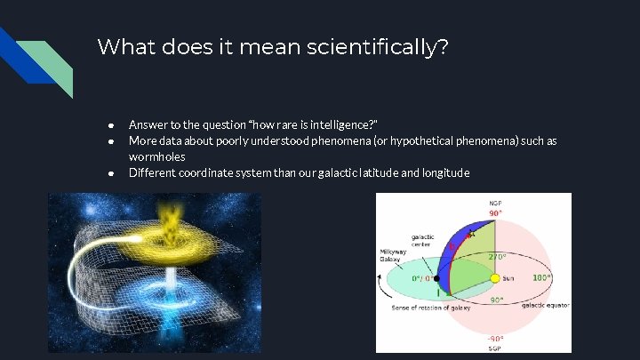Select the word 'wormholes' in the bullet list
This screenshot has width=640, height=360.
click(156, 156)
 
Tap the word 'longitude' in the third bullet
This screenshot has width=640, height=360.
click(442, 172)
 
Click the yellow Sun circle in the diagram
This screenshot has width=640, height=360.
click(496, 279)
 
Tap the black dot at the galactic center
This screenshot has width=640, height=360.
click(436, 279)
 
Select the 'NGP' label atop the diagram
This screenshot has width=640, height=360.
click(496, 202)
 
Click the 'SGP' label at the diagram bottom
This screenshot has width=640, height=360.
click(496, 348)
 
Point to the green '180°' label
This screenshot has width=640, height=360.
click(541, 277)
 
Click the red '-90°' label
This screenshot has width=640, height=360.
click(495, 339)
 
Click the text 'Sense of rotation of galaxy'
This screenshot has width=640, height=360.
click(431, 308)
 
